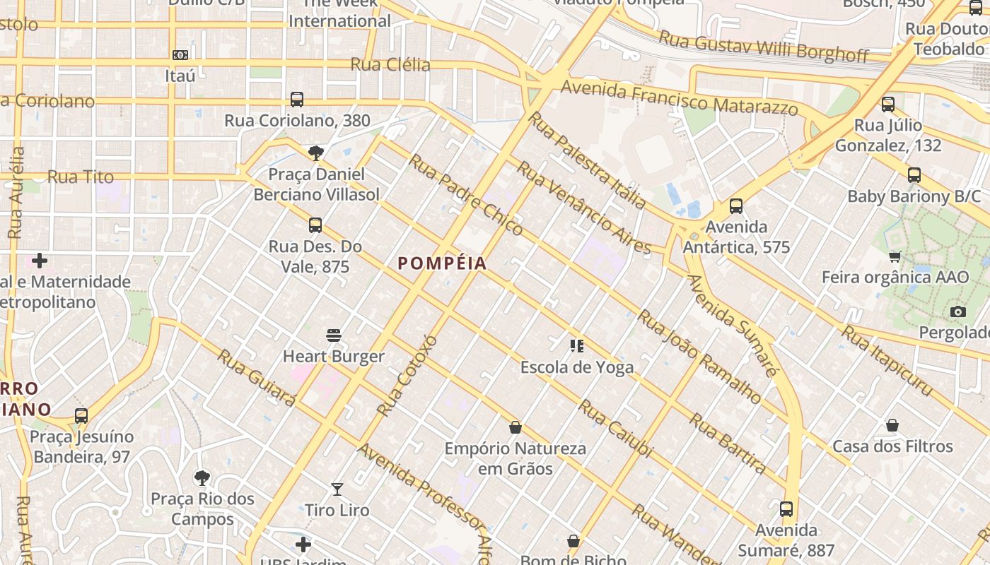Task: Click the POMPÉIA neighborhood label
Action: pos(442,263)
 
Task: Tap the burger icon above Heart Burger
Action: pos(334,335)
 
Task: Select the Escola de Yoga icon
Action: pos(576,345)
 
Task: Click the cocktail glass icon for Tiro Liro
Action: pos(337,489)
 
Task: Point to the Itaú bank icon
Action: pos(180,54)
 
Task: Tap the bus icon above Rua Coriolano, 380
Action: pos(296,100)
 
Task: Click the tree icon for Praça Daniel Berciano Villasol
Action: pos(316,153)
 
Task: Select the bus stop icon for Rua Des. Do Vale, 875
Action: pos(315,225)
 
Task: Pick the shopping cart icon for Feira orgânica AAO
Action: pos(895,256)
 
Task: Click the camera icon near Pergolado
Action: pos(957,311)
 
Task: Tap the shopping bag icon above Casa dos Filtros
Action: pos(892,425)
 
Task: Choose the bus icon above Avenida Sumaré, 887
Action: pos(786,509)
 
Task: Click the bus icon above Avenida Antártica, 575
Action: pos(736,206)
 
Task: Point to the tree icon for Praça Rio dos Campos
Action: pos(202,478)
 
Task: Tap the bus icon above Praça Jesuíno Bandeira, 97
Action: pos(81,415)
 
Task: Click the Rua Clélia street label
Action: pos(390,65)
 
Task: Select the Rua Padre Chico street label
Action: pos(466,194)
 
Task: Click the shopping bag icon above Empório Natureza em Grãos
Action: pos(516,427)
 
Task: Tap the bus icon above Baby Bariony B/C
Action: pos(914,175)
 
